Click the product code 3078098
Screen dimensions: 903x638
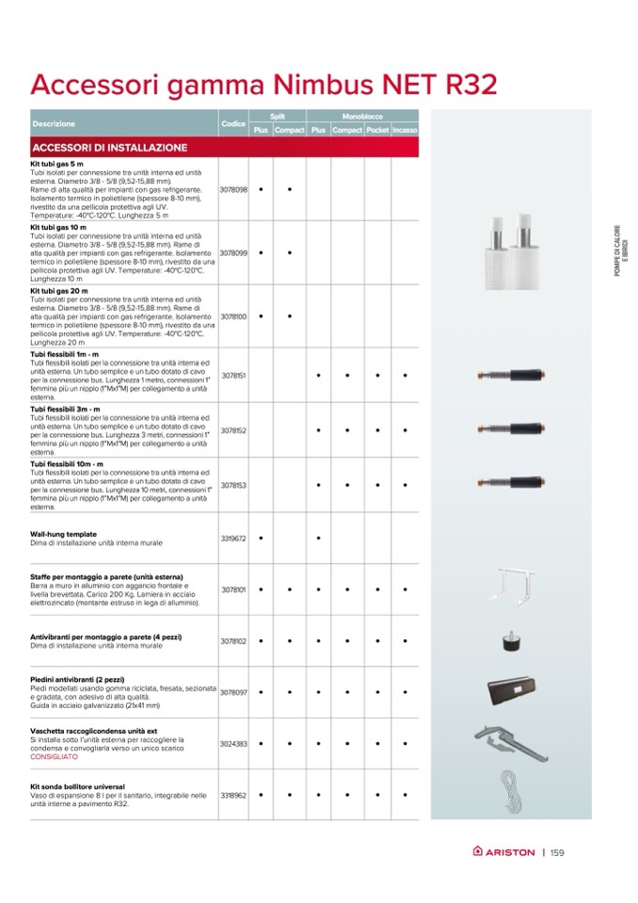[x=232, y=189]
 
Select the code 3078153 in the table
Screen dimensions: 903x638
[x=232, y=485]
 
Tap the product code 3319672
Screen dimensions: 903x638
[x=232, y=539]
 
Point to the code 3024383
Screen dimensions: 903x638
[x=232, y=743]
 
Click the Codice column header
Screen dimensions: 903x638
[x=232, y=124]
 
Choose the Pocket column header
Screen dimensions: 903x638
[x=377, y=130]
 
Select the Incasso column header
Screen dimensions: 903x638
[x=406, y=130]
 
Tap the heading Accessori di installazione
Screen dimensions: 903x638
[x=110, y=148]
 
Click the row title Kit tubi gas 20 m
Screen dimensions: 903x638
[x=59, y=292]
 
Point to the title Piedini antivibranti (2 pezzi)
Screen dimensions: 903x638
[x=85, y=679]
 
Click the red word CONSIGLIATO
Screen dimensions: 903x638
[x=53, y=756]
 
